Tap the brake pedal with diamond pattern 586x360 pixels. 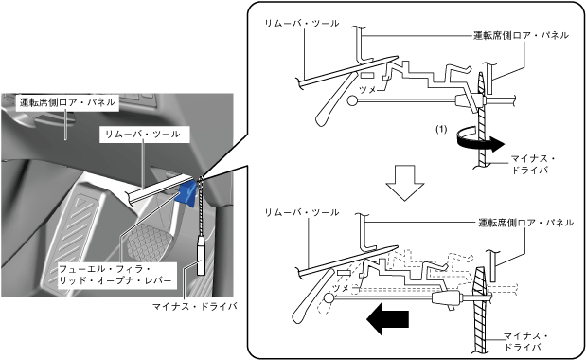click(147, 243)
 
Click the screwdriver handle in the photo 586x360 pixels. click(201, 257)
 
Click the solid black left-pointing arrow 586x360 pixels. click(388, 319)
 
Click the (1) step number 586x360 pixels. click(441, 130)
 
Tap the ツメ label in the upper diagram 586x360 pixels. click(367, 89)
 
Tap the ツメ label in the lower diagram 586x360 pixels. click(341, 288)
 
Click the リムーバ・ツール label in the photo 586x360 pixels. click(145, 135)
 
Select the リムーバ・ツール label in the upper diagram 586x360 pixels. click(302, 23)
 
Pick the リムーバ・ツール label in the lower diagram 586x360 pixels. click(302, 212)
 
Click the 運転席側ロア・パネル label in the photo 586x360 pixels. click(67, 102)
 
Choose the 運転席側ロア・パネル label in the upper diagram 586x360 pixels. click(521, 35)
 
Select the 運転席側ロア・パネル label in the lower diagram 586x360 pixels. click(525, 223)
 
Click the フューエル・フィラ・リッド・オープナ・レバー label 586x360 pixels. click(115, 275)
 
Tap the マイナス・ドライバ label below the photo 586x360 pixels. click(195, 307)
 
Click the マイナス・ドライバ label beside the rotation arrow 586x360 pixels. click(532, 165)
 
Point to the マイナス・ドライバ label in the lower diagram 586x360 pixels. click(525, 342)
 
